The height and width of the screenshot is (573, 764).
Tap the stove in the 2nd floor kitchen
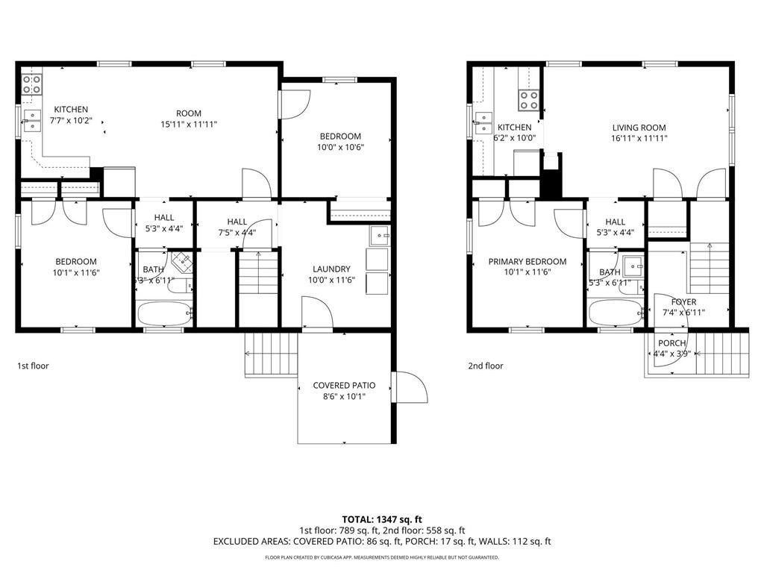[529, 101]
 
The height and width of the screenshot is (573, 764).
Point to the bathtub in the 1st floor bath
[164, 313]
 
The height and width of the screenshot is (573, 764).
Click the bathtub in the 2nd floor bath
[616, 313]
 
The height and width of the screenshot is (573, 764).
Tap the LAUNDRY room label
[331, 269]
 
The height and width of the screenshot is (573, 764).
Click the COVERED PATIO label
[344, 386]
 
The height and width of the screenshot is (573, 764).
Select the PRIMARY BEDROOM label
[527, 262]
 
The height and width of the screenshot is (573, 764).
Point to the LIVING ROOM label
[639, 128]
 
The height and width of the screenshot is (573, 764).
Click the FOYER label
[683, 302]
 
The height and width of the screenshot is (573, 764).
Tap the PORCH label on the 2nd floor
[672, 343]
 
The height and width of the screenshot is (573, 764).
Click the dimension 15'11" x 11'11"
[189, 125]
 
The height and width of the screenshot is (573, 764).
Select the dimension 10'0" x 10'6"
[340, 147]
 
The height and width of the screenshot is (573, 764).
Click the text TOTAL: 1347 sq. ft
[381, 519]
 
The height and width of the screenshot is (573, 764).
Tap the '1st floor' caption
[33, 366]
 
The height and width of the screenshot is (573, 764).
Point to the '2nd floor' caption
[485, 366]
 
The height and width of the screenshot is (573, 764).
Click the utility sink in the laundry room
[379, 236]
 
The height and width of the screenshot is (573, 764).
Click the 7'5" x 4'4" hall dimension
[237, 233]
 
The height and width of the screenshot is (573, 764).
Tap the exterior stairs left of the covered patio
[271, 354]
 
